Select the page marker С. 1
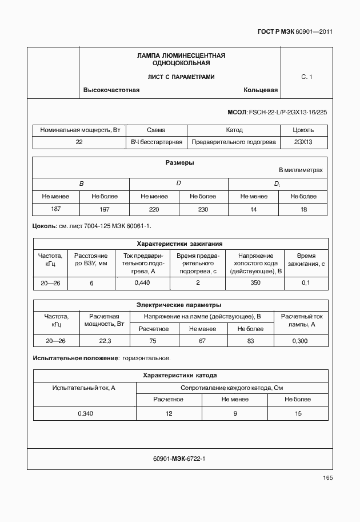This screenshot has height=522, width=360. pos(307,76)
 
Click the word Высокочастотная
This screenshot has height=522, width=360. pos(111,90)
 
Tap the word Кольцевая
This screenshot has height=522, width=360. pos(261,90)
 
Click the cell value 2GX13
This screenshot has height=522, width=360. pos(303,142)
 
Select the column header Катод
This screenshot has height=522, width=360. pos(234,130)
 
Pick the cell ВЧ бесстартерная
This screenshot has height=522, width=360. pos(156,142)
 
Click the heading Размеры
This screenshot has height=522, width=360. pos(179,162)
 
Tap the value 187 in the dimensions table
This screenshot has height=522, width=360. pos(56,209)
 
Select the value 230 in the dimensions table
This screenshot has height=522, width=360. pos(203,209)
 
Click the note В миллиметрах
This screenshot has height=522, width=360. pos(301,170)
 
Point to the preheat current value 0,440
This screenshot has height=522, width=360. pos(142,282)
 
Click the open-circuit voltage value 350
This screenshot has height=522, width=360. pos(255,282)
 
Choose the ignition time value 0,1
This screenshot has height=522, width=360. pos(306,282)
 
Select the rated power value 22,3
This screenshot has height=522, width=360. pos(106,341)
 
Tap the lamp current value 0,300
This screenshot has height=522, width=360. pos(300,341)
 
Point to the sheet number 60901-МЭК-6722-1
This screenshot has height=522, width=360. pos(179,458)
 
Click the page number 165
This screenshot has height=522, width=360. pos(327,478)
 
